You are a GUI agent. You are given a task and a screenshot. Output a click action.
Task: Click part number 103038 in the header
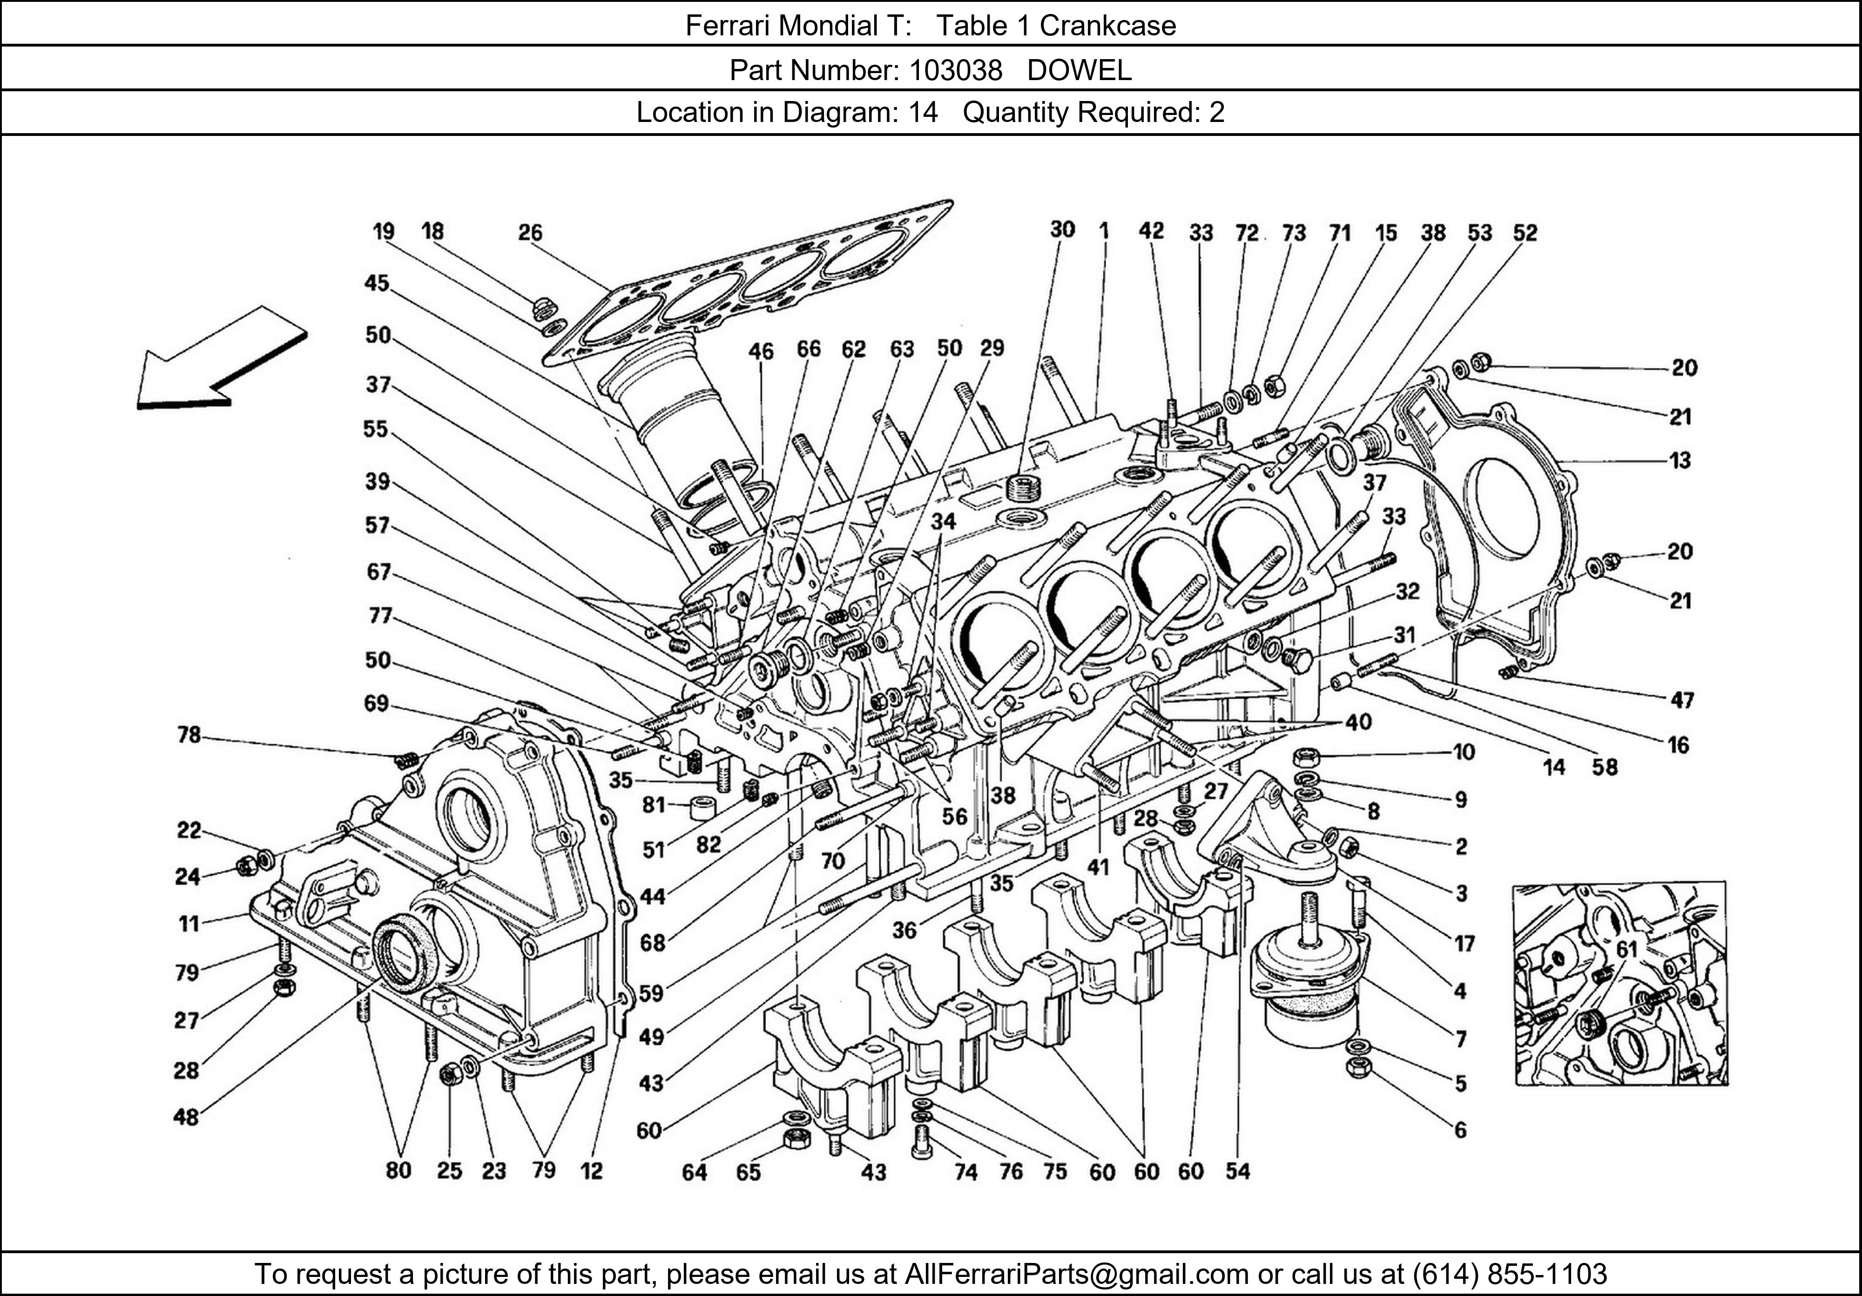click(x=955, y=71)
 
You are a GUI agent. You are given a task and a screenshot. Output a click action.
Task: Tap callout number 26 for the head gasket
click(x=530, y=233)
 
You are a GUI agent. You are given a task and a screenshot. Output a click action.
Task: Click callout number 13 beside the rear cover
click(x=1680, y=461)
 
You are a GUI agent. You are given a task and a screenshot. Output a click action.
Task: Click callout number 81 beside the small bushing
click(x=654, y=805)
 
